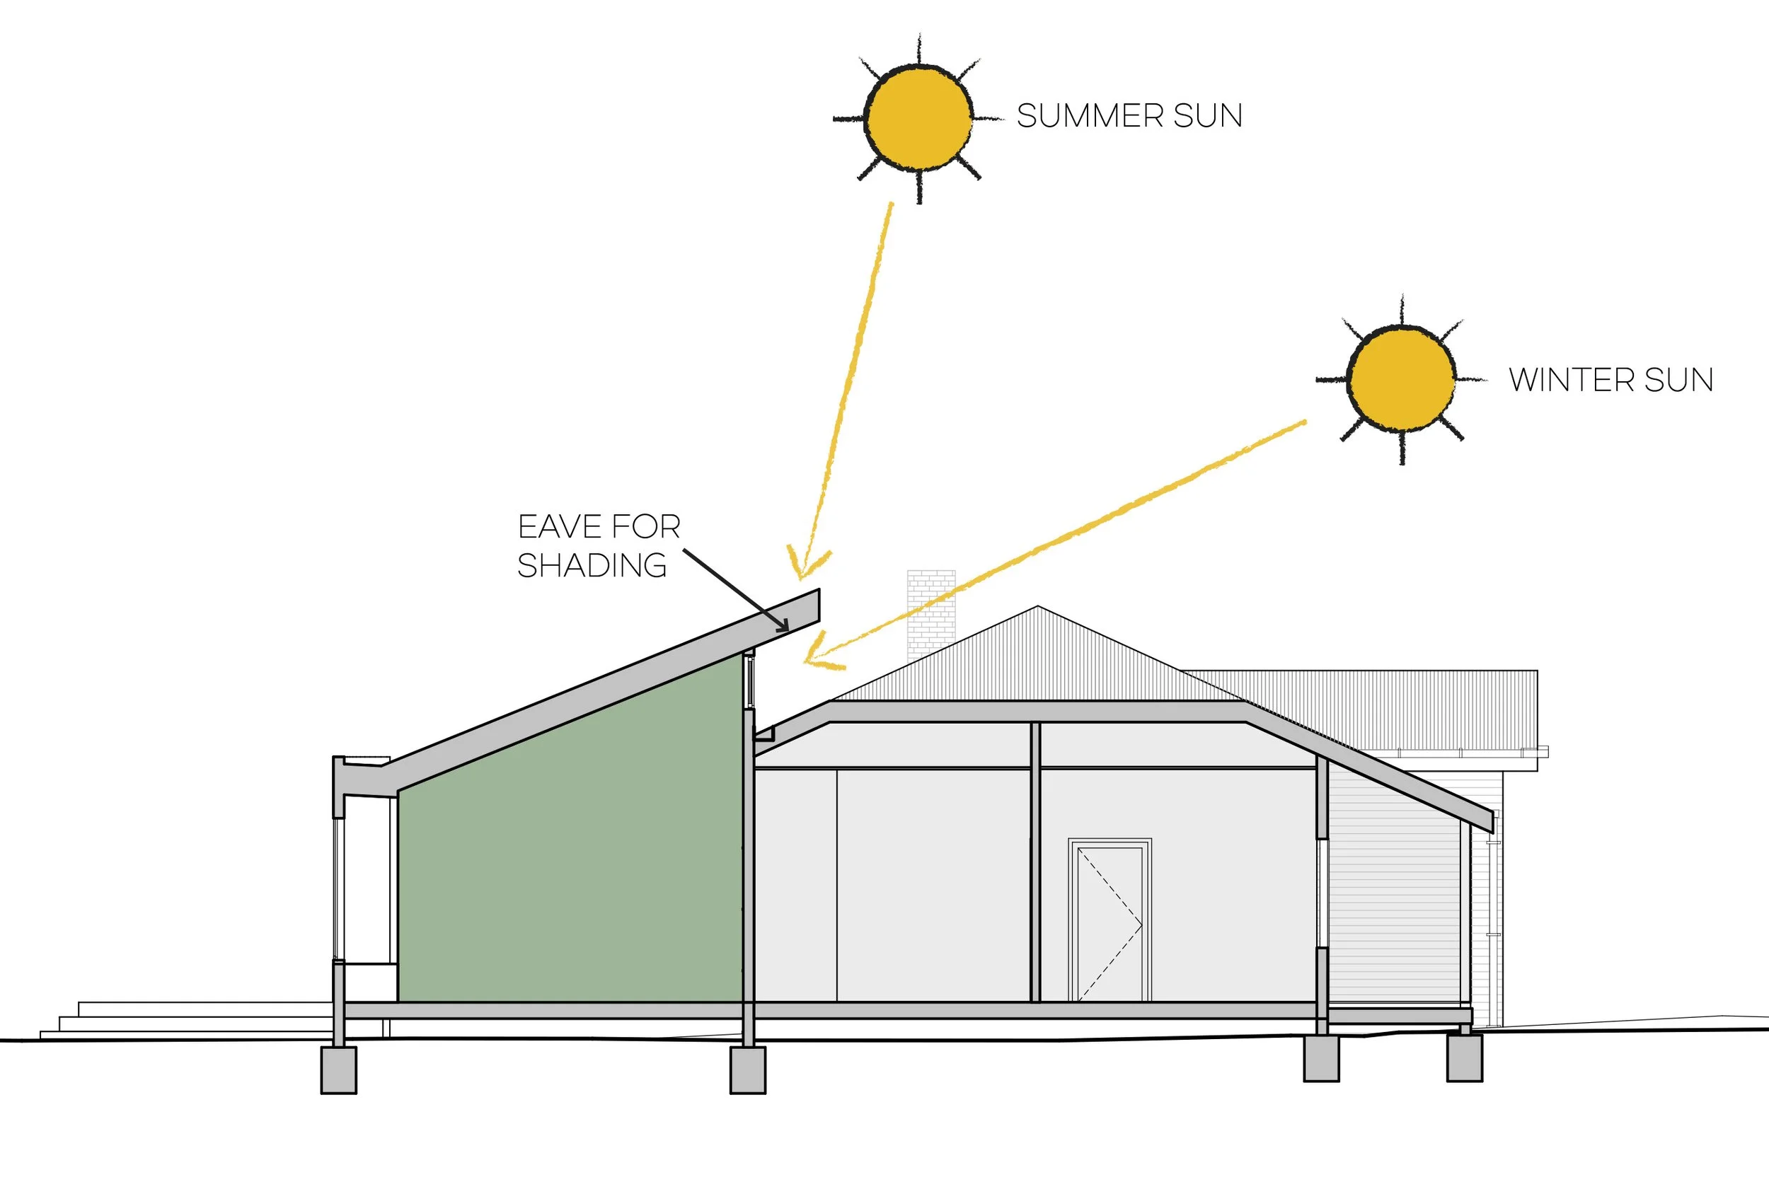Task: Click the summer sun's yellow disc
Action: pyautogui.click(x=918, y=118)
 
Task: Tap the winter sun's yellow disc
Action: pyautogui.click(x=1401, y=379)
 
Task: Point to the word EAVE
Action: pyautogui.click(x=559, y=526)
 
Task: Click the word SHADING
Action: pyautogui.click(x=592, y=565)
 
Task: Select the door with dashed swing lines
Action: pyautogui.click(x=1110, y=923)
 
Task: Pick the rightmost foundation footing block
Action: pyautogui.click(x=1464, y=1058)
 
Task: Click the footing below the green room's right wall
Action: pyautogui.click(x=747, y=1070)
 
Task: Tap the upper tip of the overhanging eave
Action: pyautogui.click(x=817, y=593)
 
